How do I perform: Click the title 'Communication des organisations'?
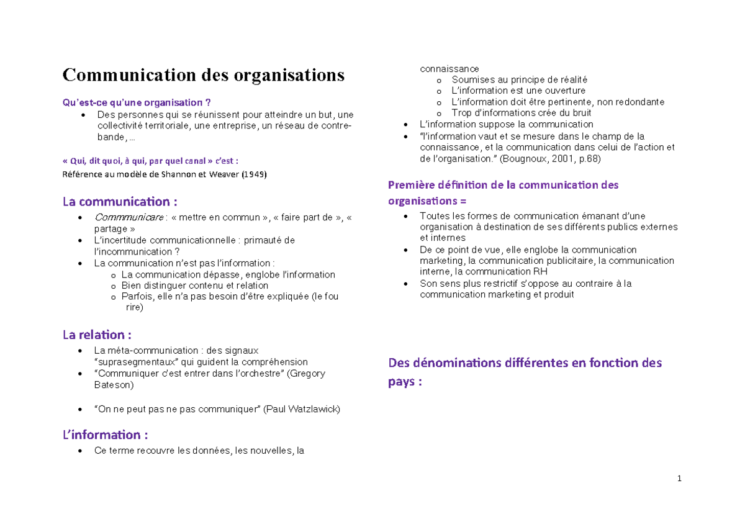(203, 75)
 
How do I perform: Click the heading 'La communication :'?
(120, 202)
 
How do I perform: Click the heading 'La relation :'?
(97, 335)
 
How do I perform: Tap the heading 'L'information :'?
(106, 435)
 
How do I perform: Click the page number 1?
(680, 479)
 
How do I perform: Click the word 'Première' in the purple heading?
(410, 185)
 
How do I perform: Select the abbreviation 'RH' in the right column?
(540, 272)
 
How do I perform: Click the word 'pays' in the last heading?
(400, 382)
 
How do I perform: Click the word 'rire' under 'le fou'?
(134, 307)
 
